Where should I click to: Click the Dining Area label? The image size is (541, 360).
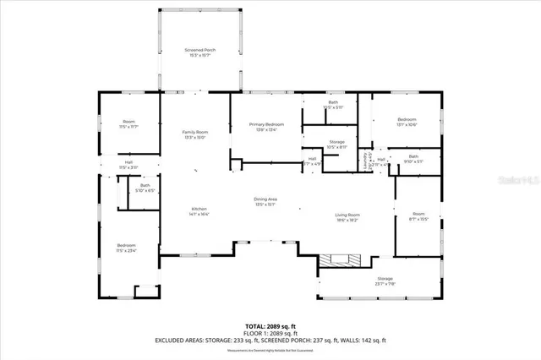(265, 199)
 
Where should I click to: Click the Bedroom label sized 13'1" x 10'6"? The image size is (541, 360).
(407, 120)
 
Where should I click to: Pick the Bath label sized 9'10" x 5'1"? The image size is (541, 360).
(413, 156)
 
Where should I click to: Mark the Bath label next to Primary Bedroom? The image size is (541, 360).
(333, 102)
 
